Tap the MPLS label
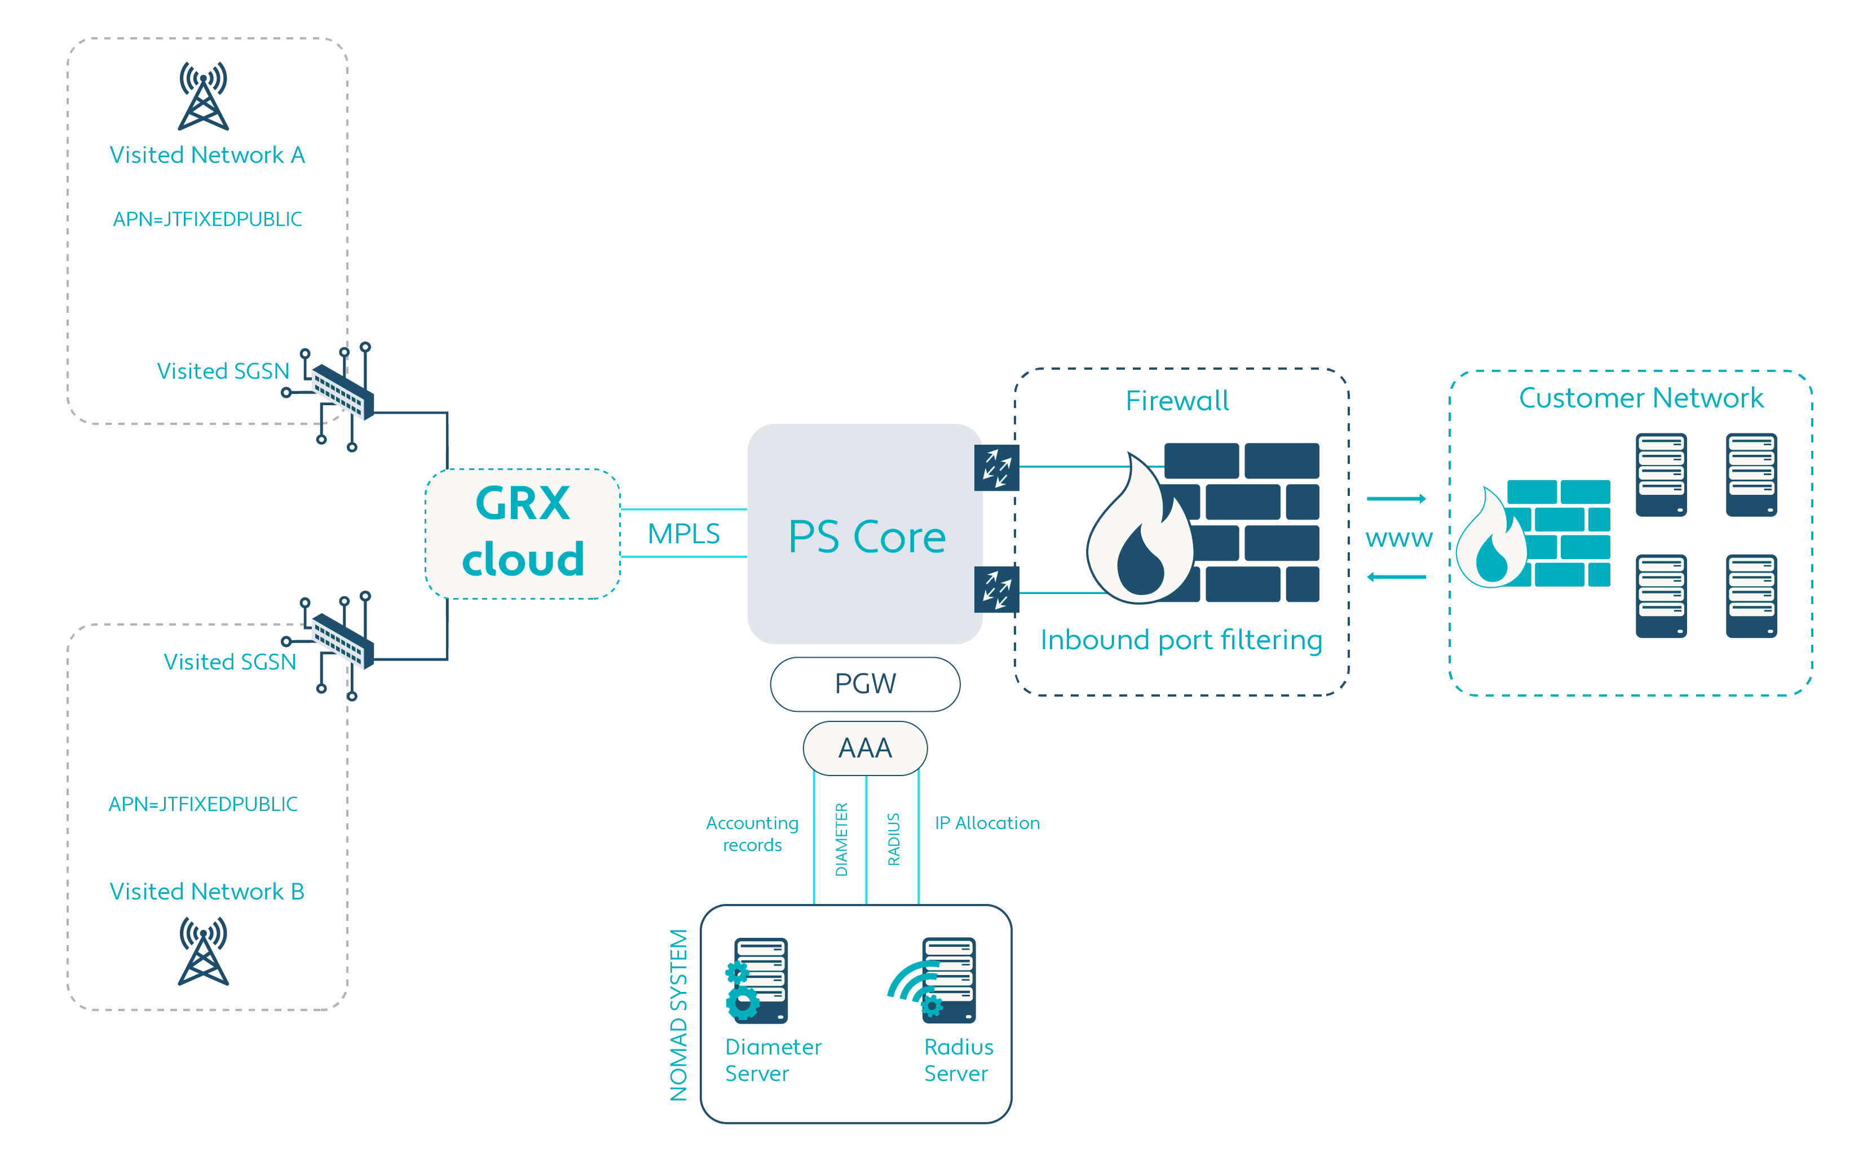[x=683, y=534]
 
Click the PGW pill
[x=865, y=684]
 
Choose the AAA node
[x=865, y=748]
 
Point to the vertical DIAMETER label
[x=842, y=839]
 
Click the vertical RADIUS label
[x=893, y=839]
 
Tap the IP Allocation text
[x=987, y=823]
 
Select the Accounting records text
[x=752, y=834]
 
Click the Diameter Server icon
[x=758, y=981]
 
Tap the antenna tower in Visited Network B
[x=204, y=951]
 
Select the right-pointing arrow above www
[x=1396, y=499]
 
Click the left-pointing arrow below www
[x=1396, y=577]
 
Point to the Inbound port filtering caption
[x=1181, y=640]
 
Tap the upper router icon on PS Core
[x=996, y=468]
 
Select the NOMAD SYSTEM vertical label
[x=679, y=1015]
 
